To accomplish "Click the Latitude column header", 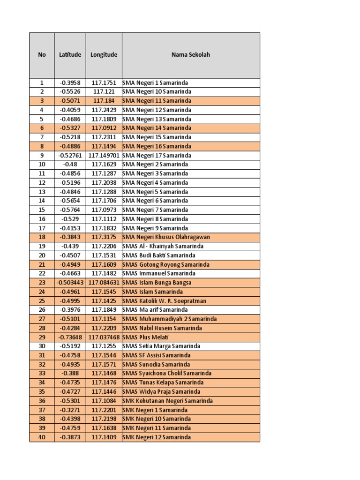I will click(x=70, y=55).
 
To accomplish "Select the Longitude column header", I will click(x=104, y=55).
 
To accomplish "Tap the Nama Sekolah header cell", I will click(x=191, y=55).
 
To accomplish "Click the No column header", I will click(x=42, y=55).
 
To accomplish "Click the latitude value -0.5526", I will click(x=70, y=91).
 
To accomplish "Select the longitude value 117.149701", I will click(x=104, y=155).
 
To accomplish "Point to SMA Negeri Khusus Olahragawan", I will click(x=166, y=237).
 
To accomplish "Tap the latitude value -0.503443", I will click(x=70, y=283).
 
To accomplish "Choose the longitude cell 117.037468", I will click(x=104, y=337).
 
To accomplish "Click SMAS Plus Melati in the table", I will click(x=145, y=337).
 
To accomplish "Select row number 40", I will click(x=42, y=437).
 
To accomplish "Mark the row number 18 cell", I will click(x=42, y=237).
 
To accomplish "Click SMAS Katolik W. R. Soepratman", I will click(x=164, y=301).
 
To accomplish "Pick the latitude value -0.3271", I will click(x=70, y=410).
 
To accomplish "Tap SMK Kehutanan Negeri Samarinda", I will click(x=167, y=401).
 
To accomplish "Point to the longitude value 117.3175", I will click(x=104, y=237).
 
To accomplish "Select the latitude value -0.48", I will click(x=70, y=165).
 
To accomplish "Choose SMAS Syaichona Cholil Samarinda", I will click(x=166, y=374).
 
